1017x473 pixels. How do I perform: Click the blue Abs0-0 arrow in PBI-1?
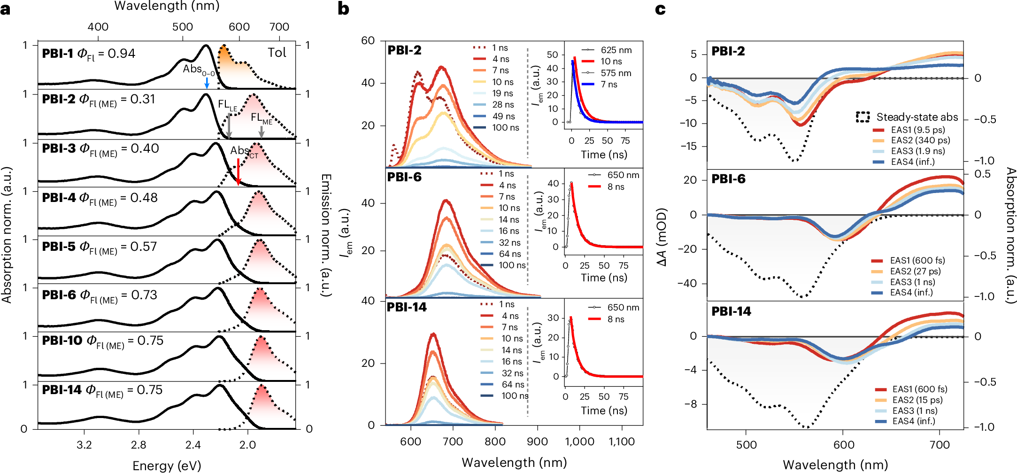click(207, 83)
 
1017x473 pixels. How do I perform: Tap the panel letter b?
click(343, 8)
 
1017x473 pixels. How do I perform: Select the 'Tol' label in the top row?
click(277, 53)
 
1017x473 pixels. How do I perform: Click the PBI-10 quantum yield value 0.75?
click(150, 341)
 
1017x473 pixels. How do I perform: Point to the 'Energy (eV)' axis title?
click(167, 465)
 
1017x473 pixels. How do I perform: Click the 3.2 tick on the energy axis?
click(84, 445)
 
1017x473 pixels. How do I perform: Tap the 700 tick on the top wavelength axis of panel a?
click(279, 27)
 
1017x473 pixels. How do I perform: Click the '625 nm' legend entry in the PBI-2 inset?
click(616, 50)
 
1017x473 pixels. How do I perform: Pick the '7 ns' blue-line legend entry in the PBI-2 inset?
click(609, 85)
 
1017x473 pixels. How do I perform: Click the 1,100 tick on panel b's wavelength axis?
click(622, 442)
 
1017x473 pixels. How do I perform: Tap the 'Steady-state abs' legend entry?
click(917, 117)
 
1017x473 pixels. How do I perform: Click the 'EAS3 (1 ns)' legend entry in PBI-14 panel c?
click(915, 411)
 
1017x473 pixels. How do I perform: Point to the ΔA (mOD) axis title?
click(662, 237)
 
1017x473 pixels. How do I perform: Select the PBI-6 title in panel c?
click(728, 179)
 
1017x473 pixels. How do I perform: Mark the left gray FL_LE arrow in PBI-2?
click(229, 125)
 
